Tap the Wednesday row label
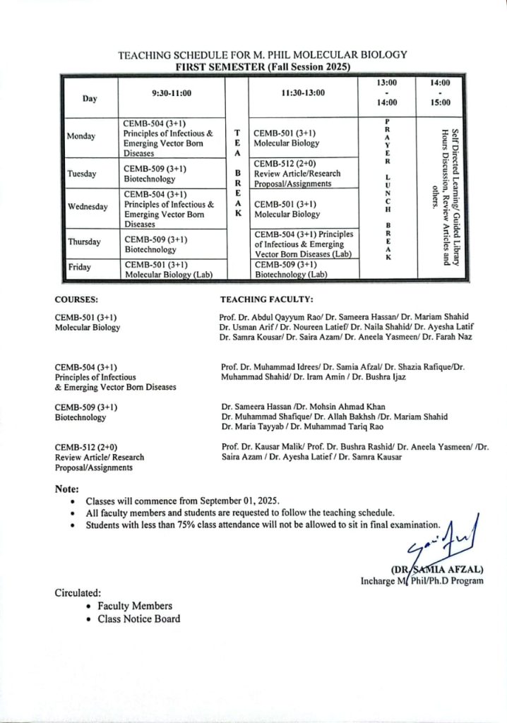(88, 207)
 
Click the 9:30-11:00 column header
(172, 93)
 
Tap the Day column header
(90, 99)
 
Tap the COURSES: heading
(76, 299)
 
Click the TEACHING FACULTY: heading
(266, 299)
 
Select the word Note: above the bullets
(66, 489)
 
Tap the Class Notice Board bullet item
(138, 619)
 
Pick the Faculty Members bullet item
(134, 606)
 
